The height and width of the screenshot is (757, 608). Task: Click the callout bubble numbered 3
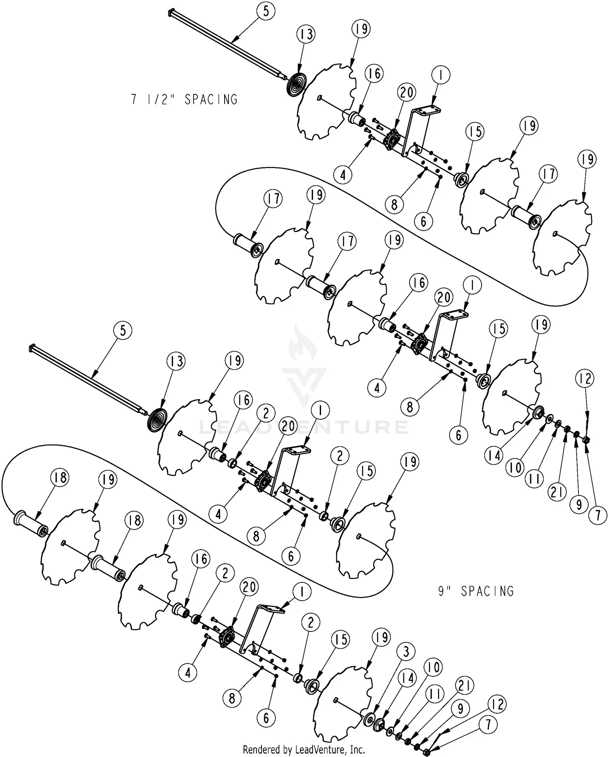click(407, 652)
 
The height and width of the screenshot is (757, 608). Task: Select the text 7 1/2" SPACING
click(184, 99)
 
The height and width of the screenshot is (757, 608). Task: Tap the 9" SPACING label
click(476, 591)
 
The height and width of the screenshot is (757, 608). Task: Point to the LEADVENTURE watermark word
click(304, 427)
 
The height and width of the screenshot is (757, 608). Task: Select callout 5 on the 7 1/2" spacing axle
click(265, 11)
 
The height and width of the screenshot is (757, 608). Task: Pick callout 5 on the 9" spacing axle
click(123, 331)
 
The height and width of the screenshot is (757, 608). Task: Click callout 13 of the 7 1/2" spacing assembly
click(306, 34)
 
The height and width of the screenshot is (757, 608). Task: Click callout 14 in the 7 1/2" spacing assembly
click(494, 456)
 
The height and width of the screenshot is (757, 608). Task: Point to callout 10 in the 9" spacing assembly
click(433, 667)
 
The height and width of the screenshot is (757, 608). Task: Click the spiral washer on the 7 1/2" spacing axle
click(298, 85)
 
